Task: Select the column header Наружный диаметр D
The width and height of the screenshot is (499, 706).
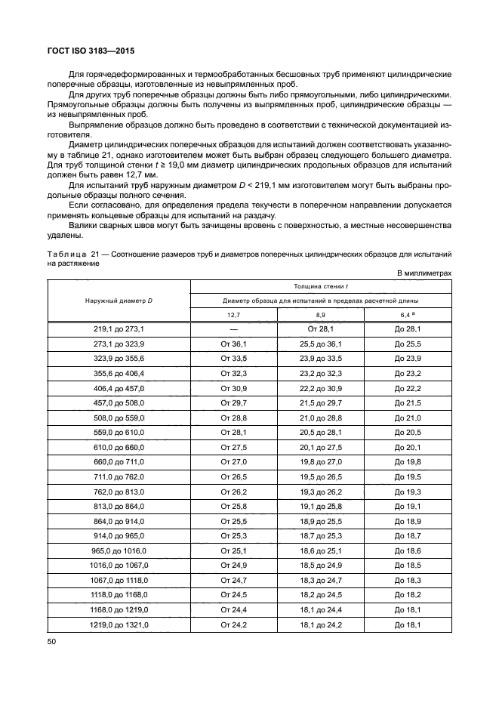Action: click(119, 301)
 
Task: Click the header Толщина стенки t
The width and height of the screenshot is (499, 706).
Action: click(321, 286)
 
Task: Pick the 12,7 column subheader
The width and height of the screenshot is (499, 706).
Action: click(233, 314)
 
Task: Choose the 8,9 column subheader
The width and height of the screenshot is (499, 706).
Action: click(321, 314)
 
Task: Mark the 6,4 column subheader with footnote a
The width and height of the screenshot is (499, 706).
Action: click(408, 314)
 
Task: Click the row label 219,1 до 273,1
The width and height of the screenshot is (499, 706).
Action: click(119, 329)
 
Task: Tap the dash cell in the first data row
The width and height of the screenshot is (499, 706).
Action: click(233, 329)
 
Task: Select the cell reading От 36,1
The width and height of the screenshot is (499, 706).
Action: click(233, 344)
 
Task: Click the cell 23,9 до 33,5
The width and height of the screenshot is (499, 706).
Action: click(321, 358)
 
